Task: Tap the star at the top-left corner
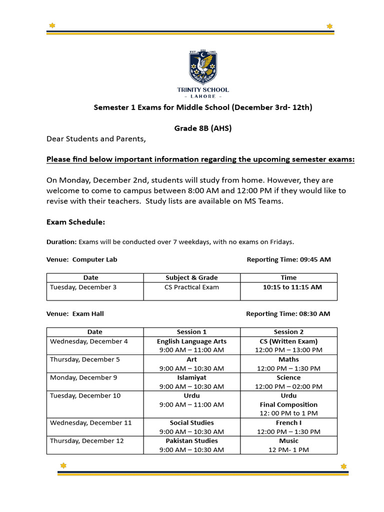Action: click(x=52, y=25)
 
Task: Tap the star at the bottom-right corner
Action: click(x=343, y=466)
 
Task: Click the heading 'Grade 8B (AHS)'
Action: click(x=202, y=128)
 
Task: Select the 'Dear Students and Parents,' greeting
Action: click(x=96, y=139)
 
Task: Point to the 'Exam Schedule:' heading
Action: click(x=75, y=222)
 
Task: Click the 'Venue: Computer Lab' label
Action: click(x=82, y=259)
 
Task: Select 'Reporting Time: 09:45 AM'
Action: click(x=288, y=259)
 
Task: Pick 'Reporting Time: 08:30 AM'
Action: click(x=288, y=314)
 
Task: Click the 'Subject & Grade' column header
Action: click(x=191, y=277)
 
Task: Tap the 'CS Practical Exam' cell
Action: click(x=191, y=287)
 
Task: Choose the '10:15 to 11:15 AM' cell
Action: click(x=288, y=287)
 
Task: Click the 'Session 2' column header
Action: click(x=288, y=332)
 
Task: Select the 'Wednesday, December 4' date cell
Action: click(x=89, y=341)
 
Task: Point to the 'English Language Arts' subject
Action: click(x=191, y=341)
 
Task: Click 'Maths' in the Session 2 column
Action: click(x=288, y=359)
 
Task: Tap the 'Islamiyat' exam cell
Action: click(x=191, y=377)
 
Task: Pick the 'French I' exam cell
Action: click(x=288, y=423)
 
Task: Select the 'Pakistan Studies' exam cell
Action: click(x=191, y=441)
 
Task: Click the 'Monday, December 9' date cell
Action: click(x=83, y=377)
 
